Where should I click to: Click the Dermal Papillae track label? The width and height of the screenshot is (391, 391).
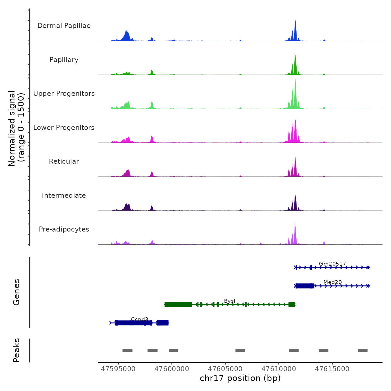(64, 26)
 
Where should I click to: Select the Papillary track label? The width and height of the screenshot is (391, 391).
(64, 60)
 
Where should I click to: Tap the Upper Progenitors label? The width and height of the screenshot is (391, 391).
(64, 94)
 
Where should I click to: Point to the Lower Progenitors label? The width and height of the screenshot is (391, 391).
(64, 128)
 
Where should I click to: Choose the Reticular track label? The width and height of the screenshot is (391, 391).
(64, 161)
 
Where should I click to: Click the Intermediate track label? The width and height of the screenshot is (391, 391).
(64, 195)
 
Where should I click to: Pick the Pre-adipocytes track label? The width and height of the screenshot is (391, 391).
(64, 229)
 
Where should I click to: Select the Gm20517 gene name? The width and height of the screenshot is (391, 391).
(332, 264)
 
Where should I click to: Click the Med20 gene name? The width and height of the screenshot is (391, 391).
(332, 282)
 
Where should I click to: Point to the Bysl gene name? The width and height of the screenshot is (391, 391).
(230, 301)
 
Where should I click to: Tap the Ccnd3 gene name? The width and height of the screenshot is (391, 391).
(139, 319)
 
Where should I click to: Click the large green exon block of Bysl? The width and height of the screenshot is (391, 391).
(178, 304)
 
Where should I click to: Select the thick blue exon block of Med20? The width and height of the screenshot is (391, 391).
(304, 286)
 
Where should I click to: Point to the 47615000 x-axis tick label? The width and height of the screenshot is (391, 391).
(332, 369)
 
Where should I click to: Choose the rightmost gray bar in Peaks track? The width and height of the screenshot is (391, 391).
(363, 351)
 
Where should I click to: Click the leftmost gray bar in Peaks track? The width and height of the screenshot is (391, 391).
(127, 351)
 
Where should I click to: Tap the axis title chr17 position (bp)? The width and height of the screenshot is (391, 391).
(240, 378)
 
